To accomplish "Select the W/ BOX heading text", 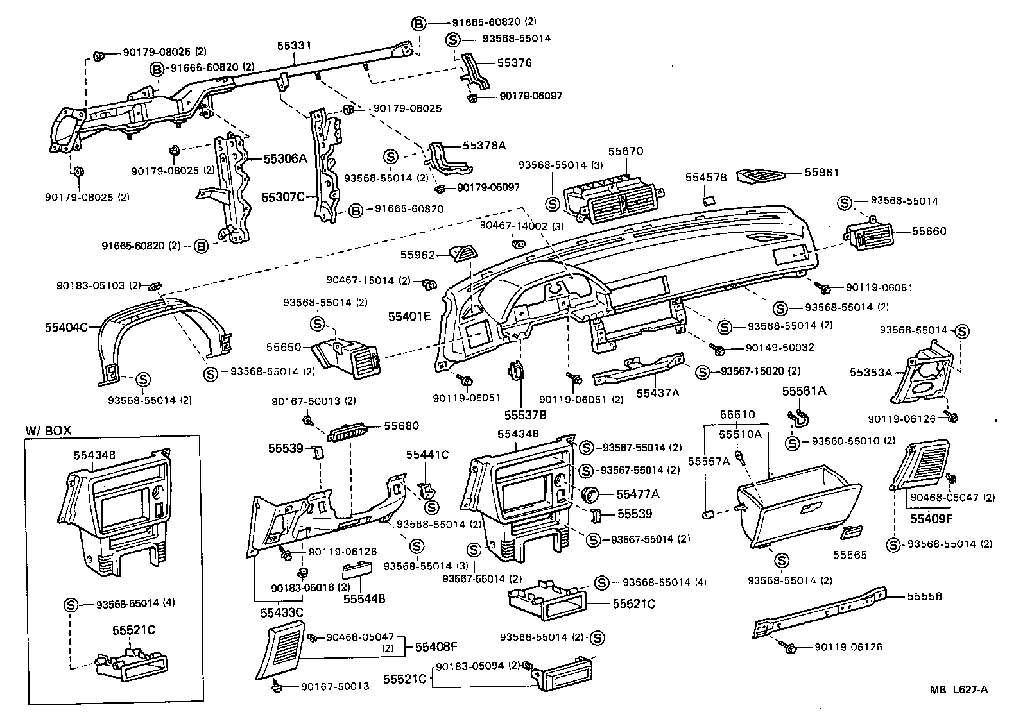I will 48,430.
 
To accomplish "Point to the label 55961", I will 821,173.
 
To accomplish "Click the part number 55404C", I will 66,326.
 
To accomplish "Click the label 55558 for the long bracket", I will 924,596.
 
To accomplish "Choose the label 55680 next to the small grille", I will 401,426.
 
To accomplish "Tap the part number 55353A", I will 871,373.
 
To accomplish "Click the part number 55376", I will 514,63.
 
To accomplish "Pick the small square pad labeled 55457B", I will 709,200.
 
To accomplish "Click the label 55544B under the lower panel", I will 364,598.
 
